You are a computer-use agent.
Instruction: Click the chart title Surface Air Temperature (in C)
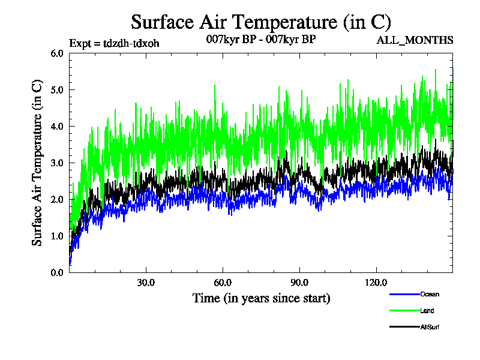click(x=261, y=22)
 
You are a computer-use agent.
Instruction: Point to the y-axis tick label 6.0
click(x=58, y=53)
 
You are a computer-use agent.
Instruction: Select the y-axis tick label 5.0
click(x=58, y=89)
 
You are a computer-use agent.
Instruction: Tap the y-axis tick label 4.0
click(x=58, y=126)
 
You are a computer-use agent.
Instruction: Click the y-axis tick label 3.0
click(x=58, y=163)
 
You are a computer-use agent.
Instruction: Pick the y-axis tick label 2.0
click(x=58, y=199)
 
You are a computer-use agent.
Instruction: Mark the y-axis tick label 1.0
click(x=58, y=236)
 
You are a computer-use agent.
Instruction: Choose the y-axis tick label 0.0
click(x=58, y=272)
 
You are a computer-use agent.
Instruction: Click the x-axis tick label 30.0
click(x=146, y=283)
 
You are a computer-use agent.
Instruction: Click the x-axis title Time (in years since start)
click(x=261, y=298)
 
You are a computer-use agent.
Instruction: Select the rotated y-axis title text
click(x=37, y=163)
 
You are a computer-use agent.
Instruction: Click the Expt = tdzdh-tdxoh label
click(x=114, y=43)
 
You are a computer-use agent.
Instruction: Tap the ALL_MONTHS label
click(x=415, y=41)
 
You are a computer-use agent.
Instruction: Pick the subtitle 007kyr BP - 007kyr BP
click(x=261, y=40)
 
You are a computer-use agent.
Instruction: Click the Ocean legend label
click(x=430, y=294)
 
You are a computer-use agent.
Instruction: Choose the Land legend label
click(x=427, y=311)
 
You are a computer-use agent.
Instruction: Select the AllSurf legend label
click(x=430, y=327)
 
